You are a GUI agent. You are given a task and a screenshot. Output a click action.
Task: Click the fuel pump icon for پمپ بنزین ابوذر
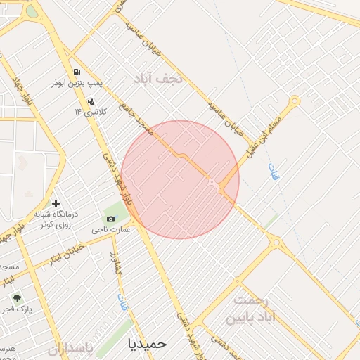(x=76, y=72)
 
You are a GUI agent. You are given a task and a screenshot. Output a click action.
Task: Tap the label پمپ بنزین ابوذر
(x=77, y=83)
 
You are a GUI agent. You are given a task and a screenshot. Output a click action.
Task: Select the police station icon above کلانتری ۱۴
(x=89, y=100)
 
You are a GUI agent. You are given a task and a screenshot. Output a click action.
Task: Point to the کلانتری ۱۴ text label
(x=89, y=111)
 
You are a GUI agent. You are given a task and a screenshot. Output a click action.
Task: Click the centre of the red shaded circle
(x=180, y=180)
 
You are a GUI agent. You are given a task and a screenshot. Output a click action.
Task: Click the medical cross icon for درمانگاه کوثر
(x=56, y=203)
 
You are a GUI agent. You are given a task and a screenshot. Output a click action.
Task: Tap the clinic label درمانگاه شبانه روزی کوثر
(x=56, y=217)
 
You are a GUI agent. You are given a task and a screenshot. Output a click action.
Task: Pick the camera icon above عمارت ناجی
(x=110, y=219)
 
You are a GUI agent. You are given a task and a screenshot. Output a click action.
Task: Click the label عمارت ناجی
(x=110, y=230)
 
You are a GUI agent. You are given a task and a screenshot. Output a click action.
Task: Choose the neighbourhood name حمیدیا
(x=148, y=343)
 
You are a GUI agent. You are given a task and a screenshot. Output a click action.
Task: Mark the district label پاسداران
(x=70, y=348)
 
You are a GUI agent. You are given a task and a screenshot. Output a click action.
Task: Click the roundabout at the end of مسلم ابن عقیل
(x=295, y=101)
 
